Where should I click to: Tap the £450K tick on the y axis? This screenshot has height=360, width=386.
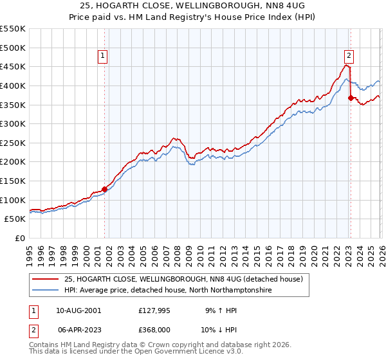(13, 67)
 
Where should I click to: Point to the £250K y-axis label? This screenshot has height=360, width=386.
(13, 143)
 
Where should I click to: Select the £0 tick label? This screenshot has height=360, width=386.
(20, 239)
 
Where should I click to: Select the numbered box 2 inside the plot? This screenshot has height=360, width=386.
(349, 56)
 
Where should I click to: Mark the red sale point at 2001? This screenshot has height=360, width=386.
(104, 189)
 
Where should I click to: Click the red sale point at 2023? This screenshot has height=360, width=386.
(351, 98)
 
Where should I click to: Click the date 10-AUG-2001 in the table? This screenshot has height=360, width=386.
(78, 310)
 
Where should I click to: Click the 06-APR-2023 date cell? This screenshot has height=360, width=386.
(78, 329)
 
